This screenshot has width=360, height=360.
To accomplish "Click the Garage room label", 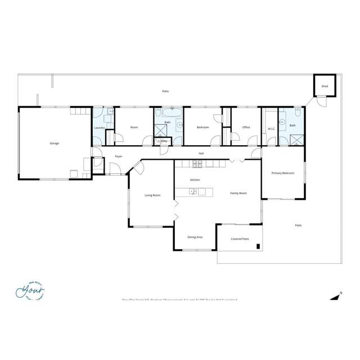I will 55,143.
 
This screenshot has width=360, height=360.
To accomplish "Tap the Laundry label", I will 100,128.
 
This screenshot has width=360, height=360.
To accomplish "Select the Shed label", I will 325,86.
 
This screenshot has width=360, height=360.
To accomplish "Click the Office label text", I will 246,128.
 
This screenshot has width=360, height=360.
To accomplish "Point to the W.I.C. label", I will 271,128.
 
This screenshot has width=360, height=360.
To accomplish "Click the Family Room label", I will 238,193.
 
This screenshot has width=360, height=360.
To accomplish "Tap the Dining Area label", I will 195,237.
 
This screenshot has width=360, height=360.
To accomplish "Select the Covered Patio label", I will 240,239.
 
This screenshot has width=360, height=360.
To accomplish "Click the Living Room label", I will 152,195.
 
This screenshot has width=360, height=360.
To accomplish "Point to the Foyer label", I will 119,156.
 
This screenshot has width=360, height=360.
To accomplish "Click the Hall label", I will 201,153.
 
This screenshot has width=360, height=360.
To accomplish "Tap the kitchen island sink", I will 192,192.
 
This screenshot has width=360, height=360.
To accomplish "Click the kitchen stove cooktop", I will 197,164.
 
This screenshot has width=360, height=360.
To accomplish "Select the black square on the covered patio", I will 258,246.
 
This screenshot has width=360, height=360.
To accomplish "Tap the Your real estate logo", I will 30,291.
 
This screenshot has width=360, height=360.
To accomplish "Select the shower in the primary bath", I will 296,139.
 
